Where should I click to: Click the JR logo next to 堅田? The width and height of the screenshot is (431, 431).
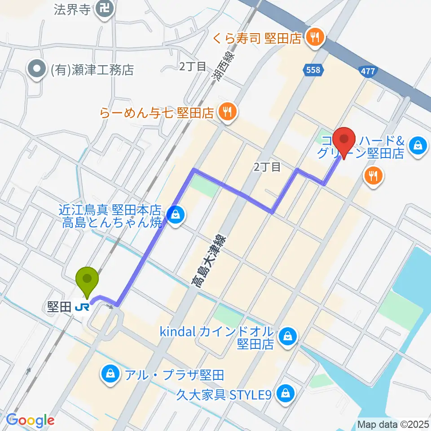click(82, 307)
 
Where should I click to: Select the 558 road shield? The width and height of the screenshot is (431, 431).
click(313, 70)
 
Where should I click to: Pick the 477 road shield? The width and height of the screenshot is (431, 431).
click(368, 70)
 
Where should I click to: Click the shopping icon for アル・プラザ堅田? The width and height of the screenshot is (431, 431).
click(109, 373)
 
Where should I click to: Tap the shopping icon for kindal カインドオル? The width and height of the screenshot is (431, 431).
click(286, 336)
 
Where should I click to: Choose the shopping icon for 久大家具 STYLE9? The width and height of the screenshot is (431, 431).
click(285, 394)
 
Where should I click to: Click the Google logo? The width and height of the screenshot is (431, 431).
click(30, 420)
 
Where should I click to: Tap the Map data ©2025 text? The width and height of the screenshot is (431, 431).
click(393, 424)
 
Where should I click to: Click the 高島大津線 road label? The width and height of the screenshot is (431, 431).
click(208, 261)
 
